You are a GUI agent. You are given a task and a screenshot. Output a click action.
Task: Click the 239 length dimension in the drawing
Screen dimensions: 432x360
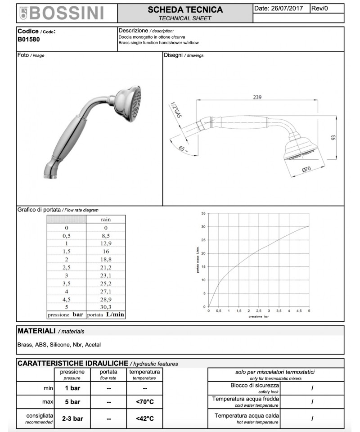(257, 97)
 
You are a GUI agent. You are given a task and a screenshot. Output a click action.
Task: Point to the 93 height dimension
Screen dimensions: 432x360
(333, 138)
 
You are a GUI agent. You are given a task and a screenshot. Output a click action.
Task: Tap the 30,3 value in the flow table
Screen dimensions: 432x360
(106, 307)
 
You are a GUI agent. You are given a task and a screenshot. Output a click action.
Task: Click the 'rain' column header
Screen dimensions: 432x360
(106, 219)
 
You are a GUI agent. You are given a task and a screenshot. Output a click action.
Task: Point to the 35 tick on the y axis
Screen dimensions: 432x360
(203, 213)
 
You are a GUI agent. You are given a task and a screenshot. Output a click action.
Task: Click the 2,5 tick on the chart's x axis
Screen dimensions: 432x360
(258, 311)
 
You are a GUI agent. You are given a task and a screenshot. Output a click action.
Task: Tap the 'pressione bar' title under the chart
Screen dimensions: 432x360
(258, 317)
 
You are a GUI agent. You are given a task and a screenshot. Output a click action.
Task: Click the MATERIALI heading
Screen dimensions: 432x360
(36, 331)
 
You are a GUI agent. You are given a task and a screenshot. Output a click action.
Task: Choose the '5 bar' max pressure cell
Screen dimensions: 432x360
(72, 402)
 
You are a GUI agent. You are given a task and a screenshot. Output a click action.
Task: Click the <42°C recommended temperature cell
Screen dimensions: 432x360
(145, 418)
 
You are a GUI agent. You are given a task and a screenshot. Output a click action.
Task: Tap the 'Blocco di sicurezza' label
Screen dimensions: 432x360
(252, 386)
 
